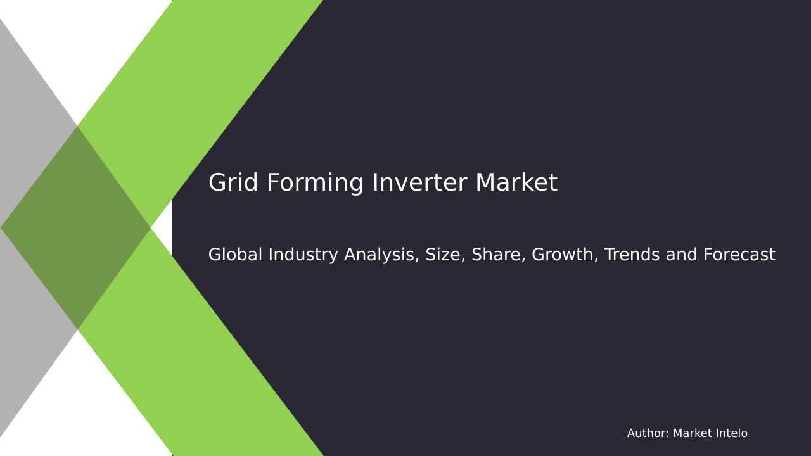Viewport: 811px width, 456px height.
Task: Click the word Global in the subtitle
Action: [235, 255]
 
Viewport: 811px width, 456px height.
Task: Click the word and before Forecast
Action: [681, 255]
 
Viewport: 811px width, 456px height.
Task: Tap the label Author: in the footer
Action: [648, 434]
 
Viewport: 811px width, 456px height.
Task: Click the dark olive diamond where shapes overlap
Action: [76, 227]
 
